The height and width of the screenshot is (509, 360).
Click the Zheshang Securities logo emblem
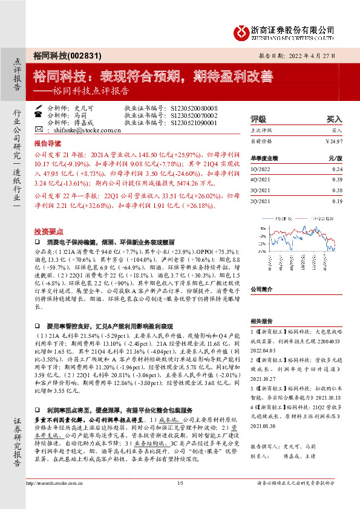pyautogui.click(x=243, y=31)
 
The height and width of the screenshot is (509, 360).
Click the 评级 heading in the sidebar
pyautogui.click(x=258, y=119)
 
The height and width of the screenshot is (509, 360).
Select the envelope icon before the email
pyautogui.click(x=39, y=130)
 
